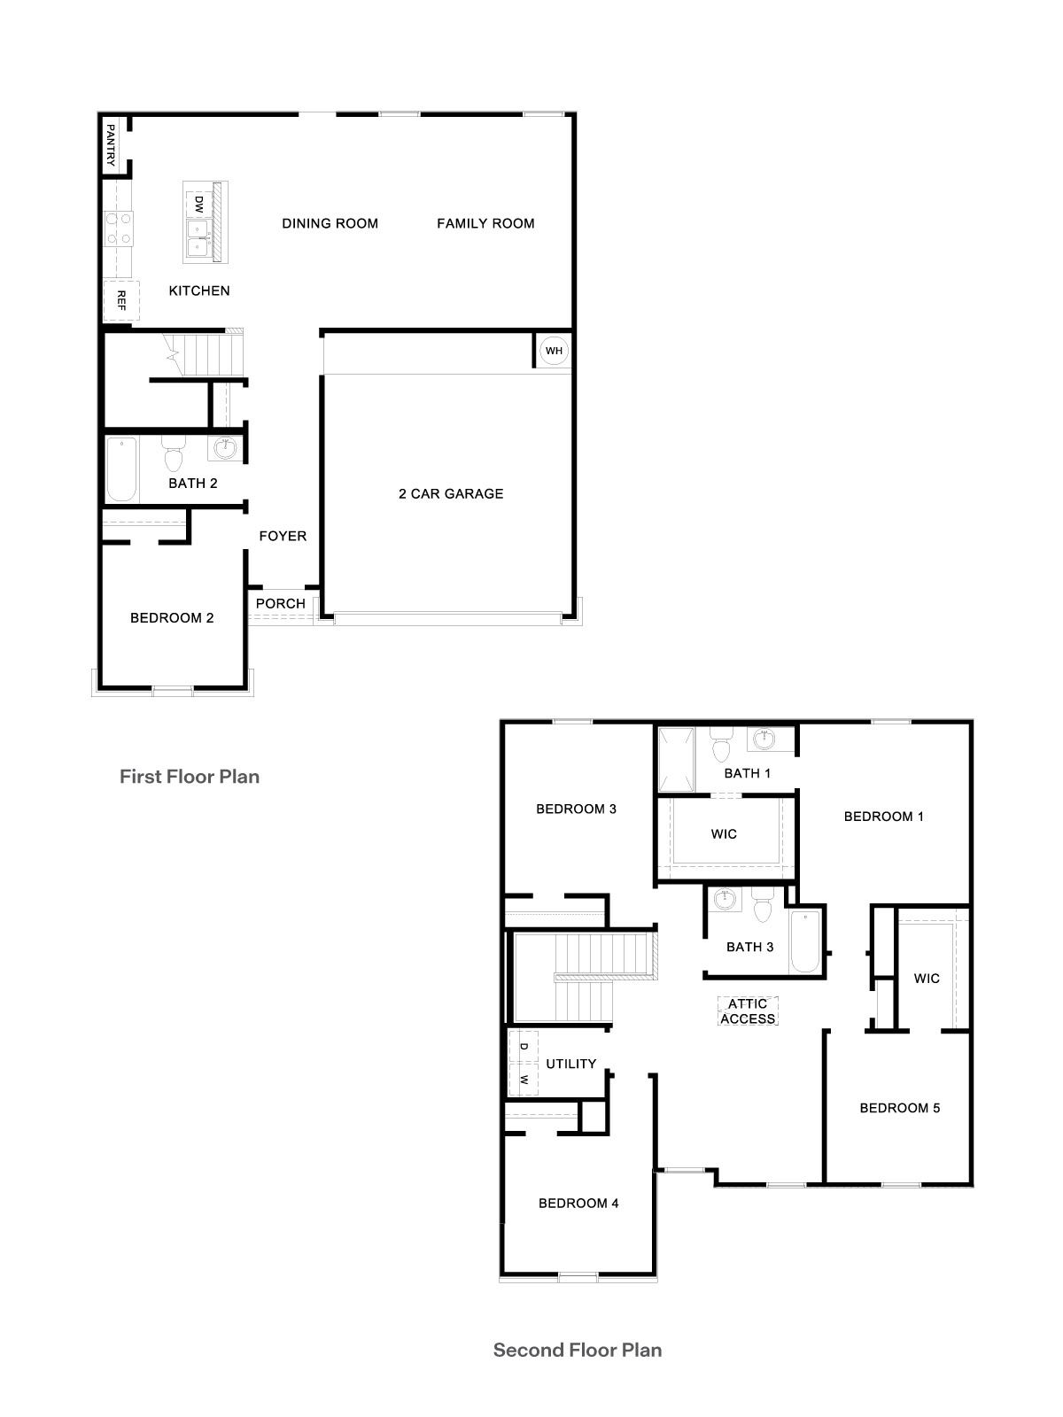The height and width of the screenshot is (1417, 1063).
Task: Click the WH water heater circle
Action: tap(554, 351)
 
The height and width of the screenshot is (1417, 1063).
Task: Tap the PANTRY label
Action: tap(111, 145)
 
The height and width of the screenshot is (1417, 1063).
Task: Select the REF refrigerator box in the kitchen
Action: tap(121, 299)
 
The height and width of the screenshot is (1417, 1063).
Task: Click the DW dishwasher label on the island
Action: tap(198, 204)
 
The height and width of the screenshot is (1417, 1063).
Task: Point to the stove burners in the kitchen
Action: tap(119, 228)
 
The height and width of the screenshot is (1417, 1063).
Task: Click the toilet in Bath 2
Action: tap(173, 457)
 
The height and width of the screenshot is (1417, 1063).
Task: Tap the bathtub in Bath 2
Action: tap(121, 469)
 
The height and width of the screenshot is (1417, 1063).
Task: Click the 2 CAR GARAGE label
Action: tap(451, 494)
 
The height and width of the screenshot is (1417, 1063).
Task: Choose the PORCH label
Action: tap(281, 604)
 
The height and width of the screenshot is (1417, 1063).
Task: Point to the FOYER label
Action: tap(283, 536)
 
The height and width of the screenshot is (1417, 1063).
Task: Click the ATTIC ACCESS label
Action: tap(748, 1011)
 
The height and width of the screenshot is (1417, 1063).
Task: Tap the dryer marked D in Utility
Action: tap(524, 1047)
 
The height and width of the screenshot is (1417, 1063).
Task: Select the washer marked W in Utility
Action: tap(524, 1080)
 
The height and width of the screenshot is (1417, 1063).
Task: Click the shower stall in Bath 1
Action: tap(676, 759)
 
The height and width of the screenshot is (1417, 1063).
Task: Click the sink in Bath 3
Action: tap(726, 899)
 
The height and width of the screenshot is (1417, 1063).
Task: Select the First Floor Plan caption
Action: tap(190, 777)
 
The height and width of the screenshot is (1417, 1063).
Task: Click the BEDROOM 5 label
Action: tap(900, 1108)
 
